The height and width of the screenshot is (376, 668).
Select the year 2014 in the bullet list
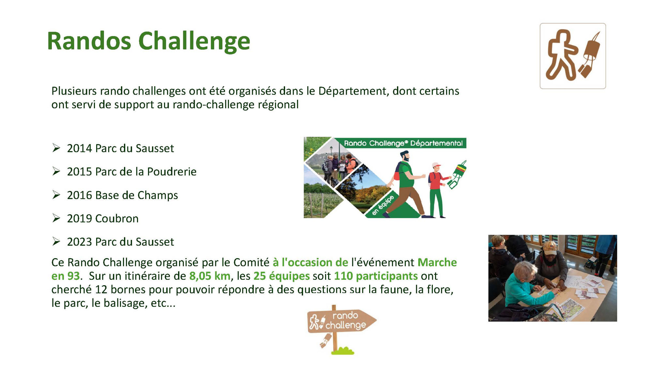80,148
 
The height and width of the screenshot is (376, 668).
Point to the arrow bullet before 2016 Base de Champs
56,195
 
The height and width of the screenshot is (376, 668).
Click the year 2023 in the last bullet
80,242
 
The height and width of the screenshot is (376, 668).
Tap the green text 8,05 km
210,276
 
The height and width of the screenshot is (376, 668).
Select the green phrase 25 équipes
281,276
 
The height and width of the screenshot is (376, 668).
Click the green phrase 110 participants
376,276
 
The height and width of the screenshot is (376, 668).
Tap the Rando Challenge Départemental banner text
403,143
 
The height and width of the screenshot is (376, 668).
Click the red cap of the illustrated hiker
436,165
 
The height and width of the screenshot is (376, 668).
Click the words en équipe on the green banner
383,205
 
